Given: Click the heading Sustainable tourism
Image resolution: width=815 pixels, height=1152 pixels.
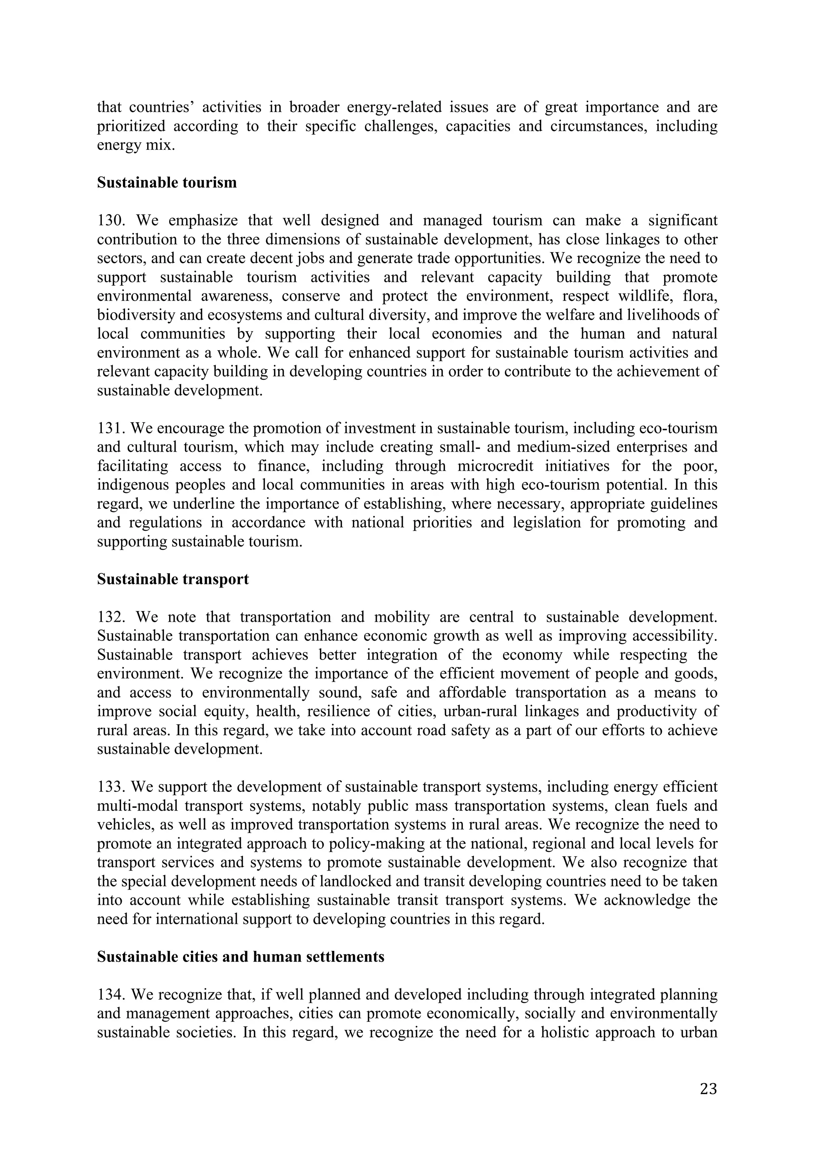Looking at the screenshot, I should pyautogui.click(x=167, y=182).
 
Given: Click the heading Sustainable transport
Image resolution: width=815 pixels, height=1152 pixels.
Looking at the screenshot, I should pyautogui.click(x=173, y=580).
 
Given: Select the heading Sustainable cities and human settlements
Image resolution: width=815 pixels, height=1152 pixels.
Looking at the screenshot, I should pyautogui.click(x=240, y=957).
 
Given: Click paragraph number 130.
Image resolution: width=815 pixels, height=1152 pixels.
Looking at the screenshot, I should pyautogui.click(x=111, y=221).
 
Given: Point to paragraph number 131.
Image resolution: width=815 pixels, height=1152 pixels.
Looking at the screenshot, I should pyautogui.click(x=111, y=429).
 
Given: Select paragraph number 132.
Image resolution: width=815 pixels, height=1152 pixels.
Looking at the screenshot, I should pyautogui.click(x=111, y=617).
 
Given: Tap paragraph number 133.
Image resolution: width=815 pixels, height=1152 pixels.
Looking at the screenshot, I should pyautogui.click(x=111, y=787).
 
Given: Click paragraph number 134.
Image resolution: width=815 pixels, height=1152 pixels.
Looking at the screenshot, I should pyautogui.click(x=111, y=995).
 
